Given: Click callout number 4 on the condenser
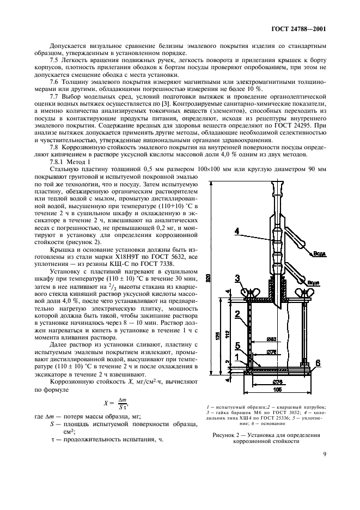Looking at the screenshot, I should pyautogui.click(x=237, y=231).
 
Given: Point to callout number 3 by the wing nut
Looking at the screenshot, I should pyautogui.click(x=237, y=279).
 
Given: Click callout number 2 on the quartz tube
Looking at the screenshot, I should pyautogui.click(x=237, y=314).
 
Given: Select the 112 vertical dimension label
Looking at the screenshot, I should pyautogui.click(x=225, y=333).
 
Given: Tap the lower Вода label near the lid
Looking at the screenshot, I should pyautogui.click(x=312, y=283).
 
